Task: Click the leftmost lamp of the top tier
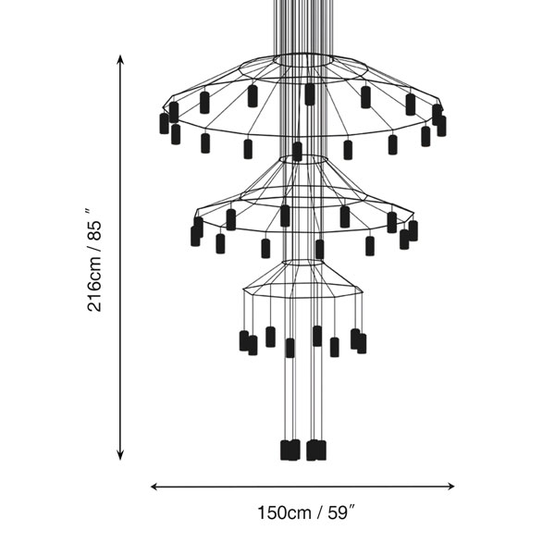(165, 123)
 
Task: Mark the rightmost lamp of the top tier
(441, 125)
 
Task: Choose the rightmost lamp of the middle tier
(413, 230)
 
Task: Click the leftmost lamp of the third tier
(244, 340)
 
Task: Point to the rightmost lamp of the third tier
(362, 343)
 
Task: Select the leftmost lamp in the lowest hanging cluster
(286, 450)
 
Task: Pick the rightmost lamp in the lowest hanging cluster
(321, 450)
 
